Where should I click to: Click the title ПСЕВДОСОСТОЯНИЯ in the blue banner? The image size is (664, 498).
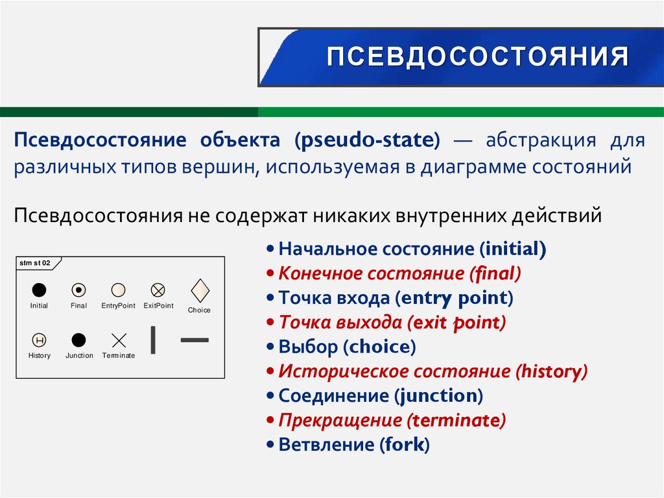[477, 56]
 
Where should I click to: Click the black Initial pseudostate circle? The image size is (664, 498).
[39, 290]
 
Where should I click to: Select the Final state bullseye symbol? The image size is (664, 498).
[78, 290]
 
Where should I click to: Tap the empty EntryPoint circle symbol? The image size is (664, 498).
[118, 290]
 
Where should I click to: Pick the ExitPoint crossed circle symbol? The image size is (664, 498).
[158, 290]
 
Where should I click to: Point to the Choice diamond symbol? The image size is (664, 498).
[199, 289]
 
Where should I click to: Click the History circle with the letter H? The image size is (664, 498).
[39, 340]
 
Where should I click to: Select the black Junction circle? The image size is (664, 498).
[78, 340]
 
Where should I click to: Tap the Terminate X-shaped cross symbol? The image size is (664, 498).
[119, 340]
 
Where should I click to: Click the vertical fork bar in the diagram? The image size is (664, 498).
[153, 340]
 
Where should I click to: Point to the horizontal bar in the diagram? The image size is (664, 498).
[195, 339]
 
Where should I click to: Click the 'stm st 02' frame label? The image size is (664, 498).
[35, 263]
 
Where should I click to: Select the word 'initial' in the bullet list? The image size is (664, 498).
[512, 249]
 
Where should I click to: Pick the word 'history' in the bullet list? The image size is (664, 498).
[551, 371]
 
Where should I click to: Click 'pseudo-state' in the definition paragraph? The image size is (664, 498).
[368, 140]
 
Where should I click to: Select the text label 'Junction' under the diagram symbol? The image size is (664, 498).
[79, 356]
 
